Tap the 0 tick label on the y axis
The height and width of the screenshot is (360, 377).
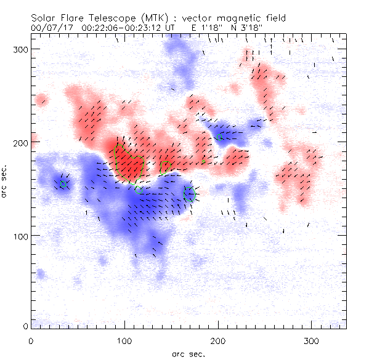click(25, 326)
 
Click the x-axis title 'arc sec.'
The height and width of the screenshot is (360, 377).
click(188, 353)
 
